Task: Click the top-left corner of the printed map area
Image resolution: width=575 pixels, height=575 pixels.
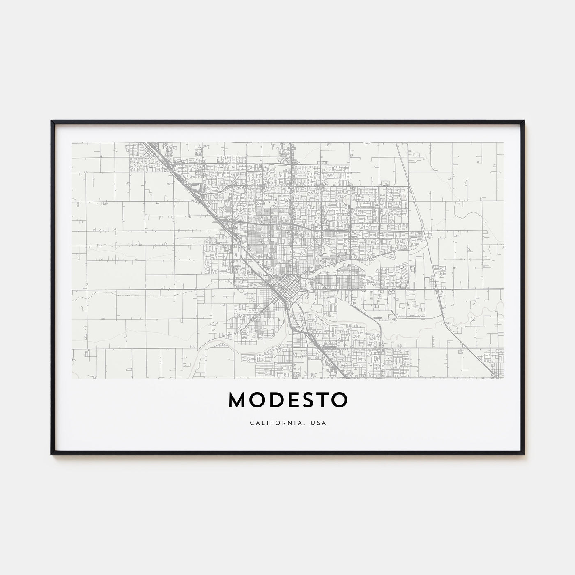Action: (x=72, y=143)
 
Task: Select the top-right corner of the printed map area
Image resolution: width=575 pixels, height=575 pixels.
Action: (x=504, y=143)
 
